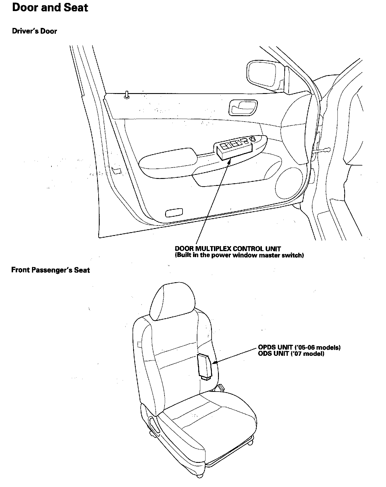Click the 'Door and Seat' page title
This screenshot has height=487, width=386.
click(x=50, y=8)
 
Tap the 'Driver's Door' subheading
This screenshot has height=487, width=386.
click(x=34, y=31)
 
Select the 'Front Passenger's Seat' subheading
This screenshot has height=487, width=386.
click(x=51, y=270)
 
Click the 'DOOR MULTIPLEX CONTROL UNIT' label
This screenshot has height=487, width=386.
click(x=228, y=249)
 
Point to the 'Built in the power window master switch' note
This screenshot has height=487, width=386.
click(x=239, y=255)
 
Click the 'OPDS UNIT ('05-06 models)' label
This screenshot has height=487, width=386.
click(x=299, y=347)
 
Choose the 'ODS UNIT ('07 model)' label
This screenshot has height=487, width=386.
click(x=291, y=354)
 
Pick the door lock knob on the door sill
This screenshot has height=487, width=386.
click(x=127, y=95)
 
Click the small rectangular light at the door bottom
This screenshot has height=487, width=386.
click(x=174, y=213)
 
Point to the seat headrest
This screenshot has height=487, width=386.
click(x=171, y=302)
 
